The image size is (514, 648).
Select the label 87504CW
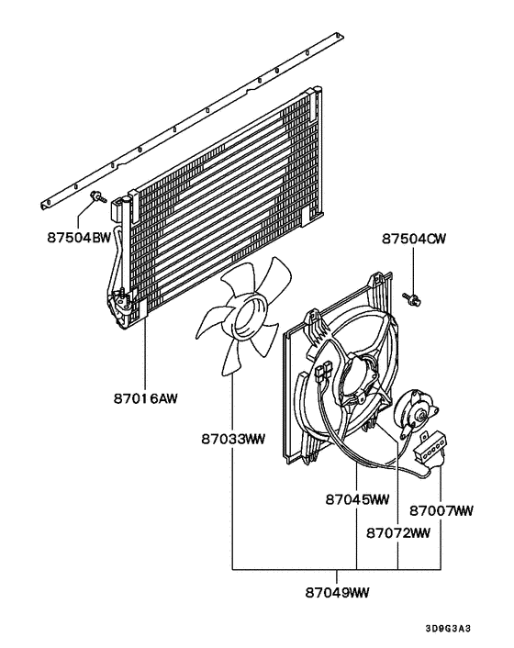point(414,240)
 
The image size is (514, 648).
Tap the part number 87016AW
point(144,398)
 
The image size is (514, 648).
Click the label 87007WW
point(441,509)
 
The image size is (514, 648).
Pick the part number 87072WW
point(398,532)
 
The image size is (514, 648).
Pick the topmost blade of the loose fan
point(274,274)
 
